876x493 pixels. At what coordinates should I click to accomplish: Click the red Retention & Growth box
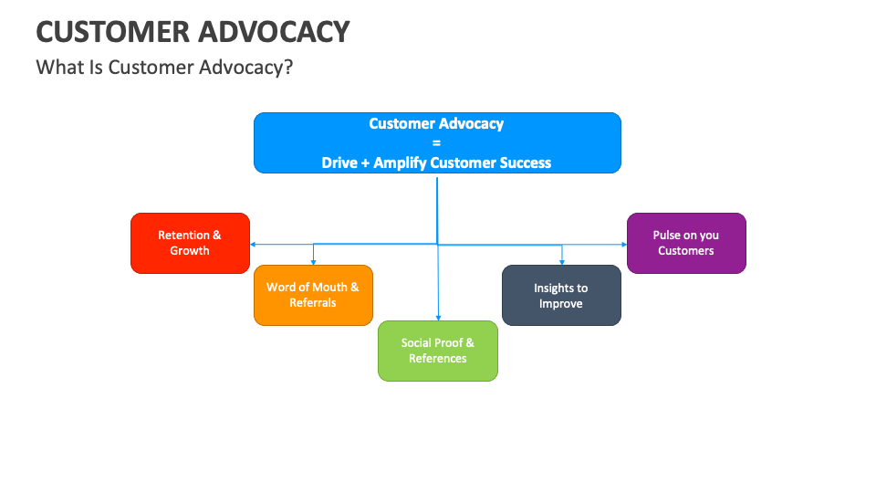(190, 243)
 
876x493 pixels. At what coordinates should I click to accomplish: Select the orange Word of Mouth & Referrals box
(313, 295)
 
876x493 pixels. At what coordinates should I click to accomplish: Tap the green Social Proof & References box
(438, 351)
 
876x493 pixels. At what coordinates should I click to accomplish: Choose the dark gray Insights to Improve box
(561, 296)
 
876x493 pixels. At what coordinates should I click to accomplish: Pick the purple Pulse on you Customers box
(686, 243)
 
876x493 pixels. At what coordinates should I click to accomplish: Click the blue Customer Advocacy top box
(437, 142)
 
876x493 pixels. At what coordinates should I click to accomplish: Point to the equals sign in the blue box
(436, 143)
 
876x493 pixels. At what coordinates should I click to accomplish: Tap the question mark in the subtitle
(288, 68)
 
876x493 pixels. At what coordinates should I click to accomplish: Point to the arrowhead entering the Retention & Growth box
(253, 245)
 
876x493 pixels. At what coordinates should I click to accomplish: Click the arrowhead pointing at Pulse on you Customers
(623, 245)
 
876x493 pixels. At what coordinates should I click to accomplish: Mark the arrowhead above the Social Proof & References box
(438, 317)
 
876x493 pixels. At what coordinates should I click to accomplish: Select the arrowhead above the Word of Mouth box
(313, 262)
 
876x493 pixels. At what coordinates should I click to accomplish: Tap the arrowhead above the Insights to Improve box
(561, 262)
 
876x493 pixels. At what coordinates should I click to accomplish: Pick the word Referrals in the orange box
(313, 303)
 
